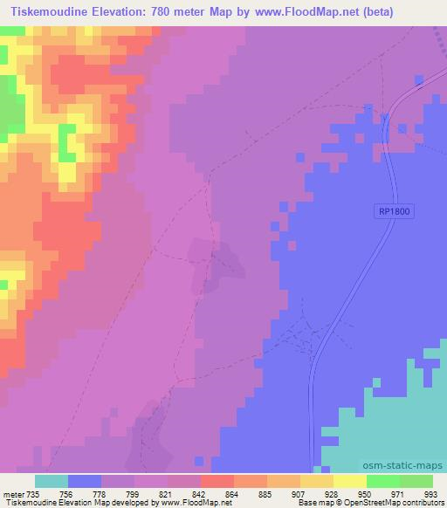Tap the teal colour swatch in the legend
pyautogui.click(x=52, y=481)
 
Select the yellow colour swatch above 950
pyautogui.click(x=350, y=481)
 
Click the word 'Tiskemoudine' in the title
pyautogui.click(x=44, y=12)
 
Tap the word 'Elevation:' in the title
pyautogui.click(x=127, y=12)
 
